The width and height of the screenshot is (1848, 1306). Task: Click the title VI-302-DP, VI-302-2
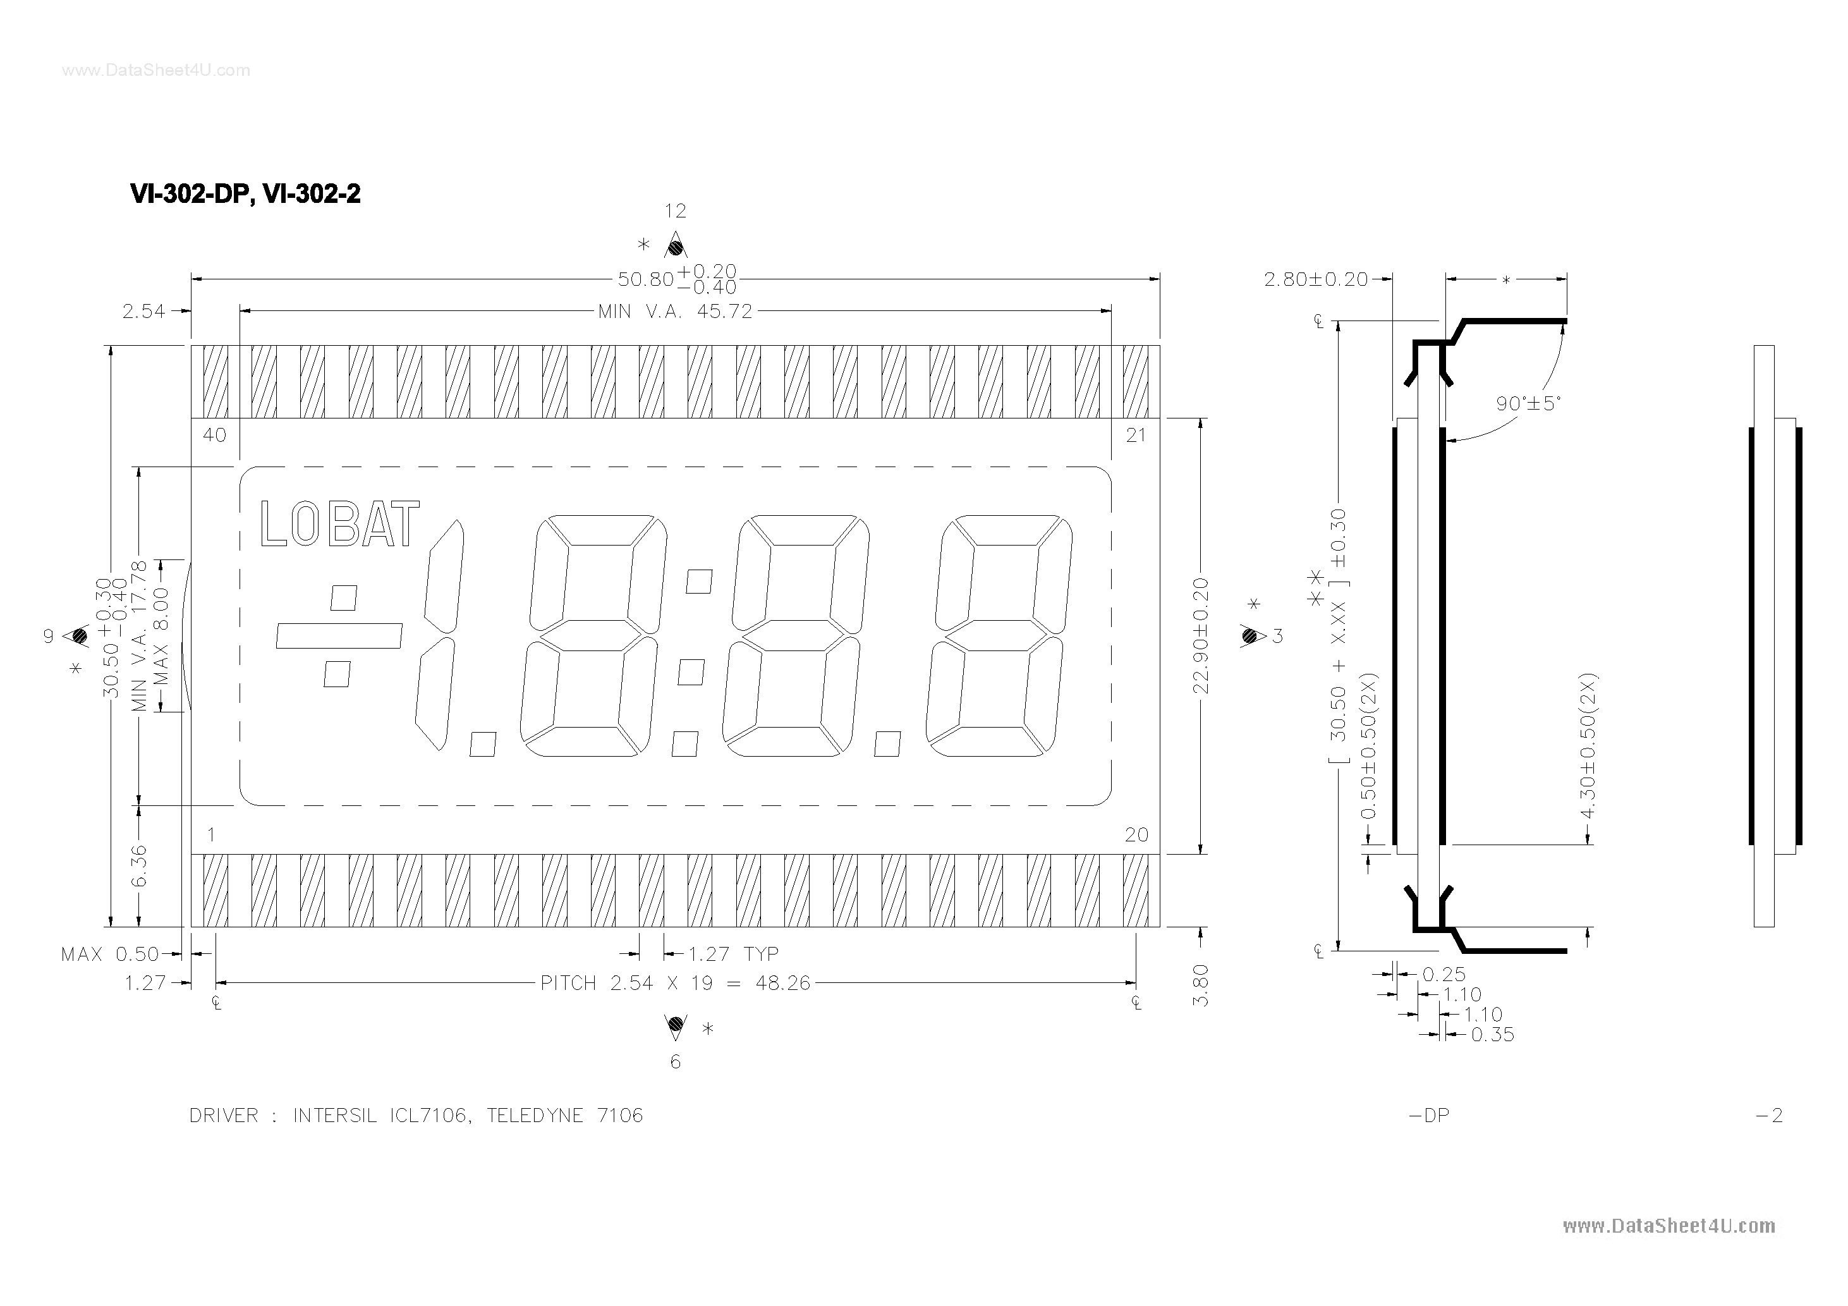point(245,194)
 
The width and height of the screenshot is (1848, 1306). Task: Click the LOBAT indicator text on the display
point(339,524)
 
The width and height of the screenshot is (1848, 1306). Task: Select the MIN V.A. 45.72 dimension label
point(674,312)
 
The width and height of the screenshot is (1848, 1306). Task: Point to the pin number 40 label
point(214,436)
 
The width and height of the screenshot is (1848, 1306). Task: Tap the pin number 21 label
point(1136,436)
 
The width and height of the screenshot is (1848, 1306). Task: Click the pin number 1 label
point(211,835)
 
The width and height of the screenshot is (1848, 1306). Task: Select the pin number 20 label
point(1136,835)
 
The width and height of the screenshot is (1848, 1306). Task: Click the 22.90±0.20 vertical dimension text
point(1200,635)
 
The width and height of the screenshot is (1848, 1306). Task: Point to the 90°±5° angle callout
point(1528,403)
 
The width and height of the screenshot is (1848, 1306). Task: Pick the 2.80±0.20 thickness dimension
point(1315,279)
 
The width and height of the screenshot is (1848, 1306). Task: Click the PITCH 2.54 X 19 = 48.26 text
point(674,983)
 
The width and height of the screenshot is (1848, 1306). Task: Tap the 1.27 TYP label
point(733,954)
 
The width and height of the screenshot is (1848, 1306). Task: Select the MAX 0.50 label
point(109,954)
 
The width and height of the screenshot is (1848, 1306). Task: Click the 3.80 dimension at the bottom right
point(1200,986)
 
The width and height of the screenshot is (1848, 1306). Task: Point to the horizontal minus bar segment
point(339,636)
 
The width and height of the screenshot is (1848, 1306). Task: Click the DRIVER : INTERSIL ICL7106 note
point(415,1116)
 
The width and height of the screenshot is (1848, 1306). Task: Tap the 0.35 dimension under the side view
point(1492,1035)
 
